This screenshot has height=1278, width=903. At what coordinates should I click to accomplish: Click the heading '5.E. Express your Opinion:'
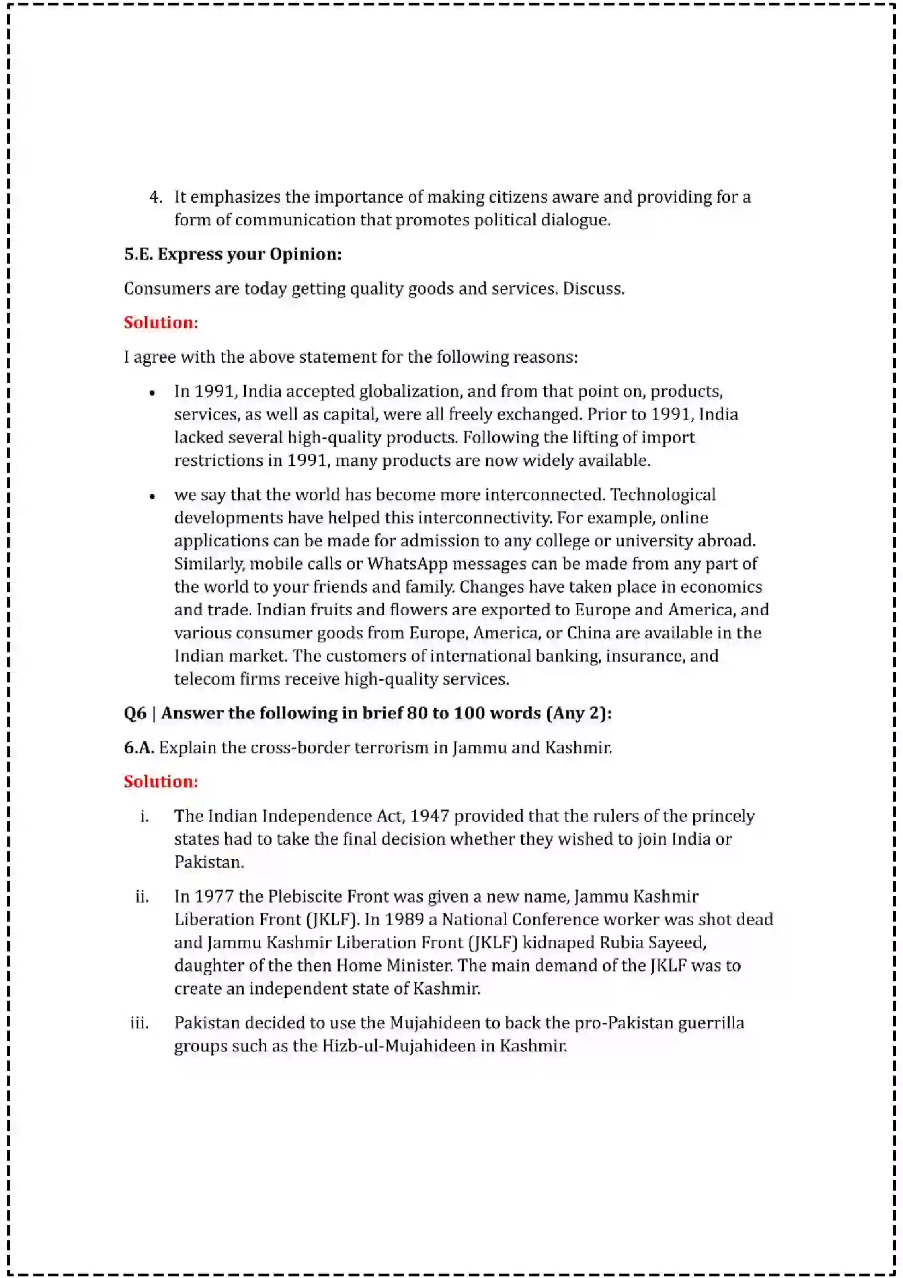click(233, 255)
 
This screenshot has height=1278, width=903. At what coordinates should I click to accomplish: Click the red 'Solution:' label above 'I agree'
click(161, 322)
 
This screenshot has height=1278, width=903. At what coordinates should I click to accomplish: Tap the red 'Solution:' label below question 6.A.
click(161, 781)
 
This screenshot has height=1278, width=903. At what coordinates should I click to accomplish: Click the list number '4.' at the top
click(156, 197)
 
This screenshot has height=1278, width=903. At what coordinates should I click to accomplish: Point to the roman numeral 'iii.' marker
click(139, 1023)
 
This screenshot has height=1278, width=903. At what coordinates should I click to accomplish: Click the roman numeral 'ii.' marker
click(142, 897)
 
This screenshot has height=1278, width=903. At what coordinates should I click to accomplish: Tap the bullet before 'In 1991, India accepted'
click(152, 393)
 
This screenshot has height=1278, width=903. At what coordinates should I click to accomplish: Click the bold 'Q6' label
click(135, 714)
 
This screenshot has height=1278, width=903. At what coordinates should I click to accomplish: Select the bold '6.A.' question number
click(139, 747)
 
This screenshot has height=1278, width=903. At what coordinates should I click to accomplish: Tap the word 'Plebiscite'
click(305, 897)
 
